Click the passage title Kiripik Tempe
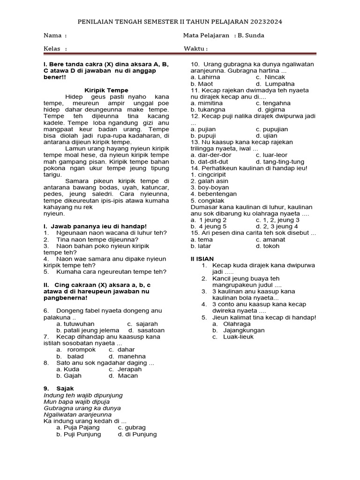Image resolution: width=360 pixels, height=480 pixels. (106, 90)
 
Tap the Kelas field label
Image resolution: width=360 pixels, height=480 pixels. (55, 48)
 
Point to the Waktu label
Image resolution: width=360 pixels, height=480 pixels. (196, 48)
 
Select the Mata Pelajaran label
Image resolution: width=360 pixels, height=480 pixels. (207, 36)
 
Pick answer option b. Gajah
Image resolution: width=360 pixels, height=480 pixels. (69, 375)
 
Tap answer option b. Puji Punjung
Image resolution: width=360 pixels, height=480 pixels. (79, 434)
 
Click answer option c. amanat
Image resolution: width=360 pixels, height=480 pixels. (270, 239)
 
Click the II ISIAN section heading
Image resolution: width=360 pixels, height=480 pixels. (202, 258)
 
